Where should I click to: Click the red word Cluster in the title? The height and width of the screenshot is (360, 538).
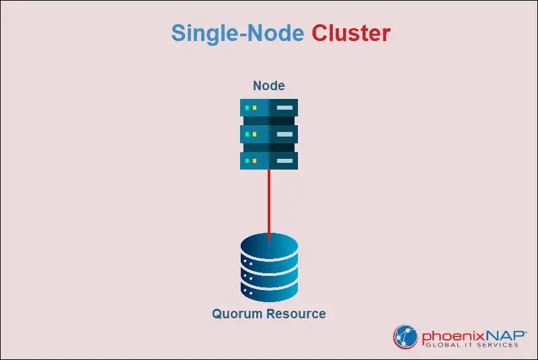(x=350, y=34)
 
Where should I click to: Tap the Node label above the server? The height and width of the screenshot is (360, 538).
(x=269, y=85)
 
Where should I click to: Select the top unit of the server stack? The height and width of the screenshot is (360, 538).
(x=269, y=108)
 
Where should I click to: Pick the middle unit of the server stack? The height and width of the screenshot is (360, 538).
(x=269, y=134)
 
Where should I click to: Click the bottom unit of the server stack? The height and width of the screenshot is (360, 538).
(x=269, y=160)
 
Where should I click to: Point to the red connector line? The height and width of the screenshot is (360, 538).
(x=269, y=202)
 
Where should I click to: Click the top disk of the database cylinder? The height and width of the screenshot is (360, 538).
(x=269, y=246)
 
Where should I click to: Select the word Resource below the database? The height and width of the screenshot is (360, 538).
(x=296, y=314)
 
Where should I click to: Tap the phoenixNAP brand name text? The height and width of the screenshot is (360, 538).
(x=469, y=333)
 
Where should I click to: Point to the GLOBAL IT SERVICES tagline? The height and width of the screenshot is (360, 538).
(x=471, y=345)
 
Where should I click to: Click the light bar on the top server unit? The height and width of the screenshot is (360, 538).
(x=283, y=108)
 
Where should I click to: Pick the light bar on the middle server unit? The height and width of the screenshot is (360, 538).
(x=283, y=134)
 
